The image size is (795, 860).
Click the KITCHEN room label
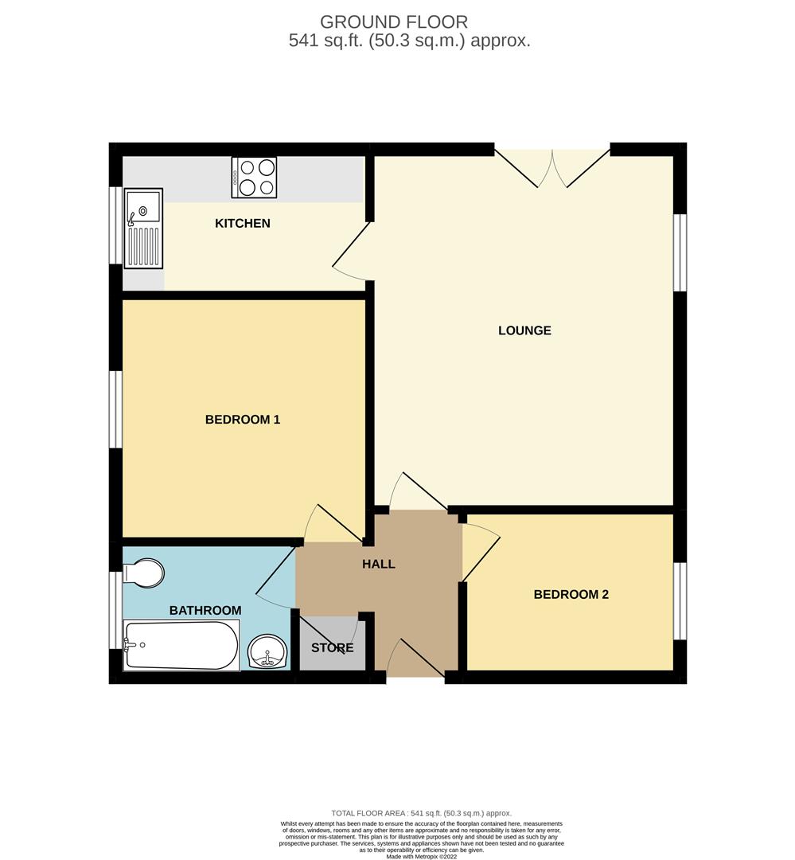click(243, 224)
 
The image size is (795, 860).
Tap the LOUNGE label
click(524, 330)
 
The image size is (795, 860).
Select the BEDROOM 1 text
click(243, 420)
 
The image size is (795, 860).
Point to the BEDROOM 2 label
click(571, 594)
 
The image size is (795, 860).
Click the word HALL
click(379, 565)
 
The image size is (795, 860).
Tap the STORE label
click(332, 648)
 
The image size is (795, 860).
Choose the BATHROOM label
click(205, 611)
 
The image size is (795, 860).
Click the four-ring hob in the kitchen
click(254, 178)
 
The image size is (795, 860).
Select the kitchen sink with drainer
click(143, 228)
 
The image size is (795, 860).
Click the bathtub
click(181, 645)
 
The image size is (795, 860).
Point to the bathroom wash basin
click(267, 653)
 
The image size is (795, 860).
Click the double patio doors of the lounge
click(552, 169)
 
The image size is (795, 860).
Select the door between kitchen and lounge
click(351, 253)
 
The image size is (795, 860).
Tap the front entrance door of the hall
click(414, 659)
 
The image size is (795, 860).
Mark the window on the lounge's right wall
click(680, 253)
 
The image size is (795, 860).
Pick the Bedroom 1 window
click(116, 409)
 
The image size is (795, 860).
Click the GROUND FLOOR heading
click(394, 22)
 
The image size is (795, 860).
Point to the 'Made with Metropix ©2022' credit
click(423, 856)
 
